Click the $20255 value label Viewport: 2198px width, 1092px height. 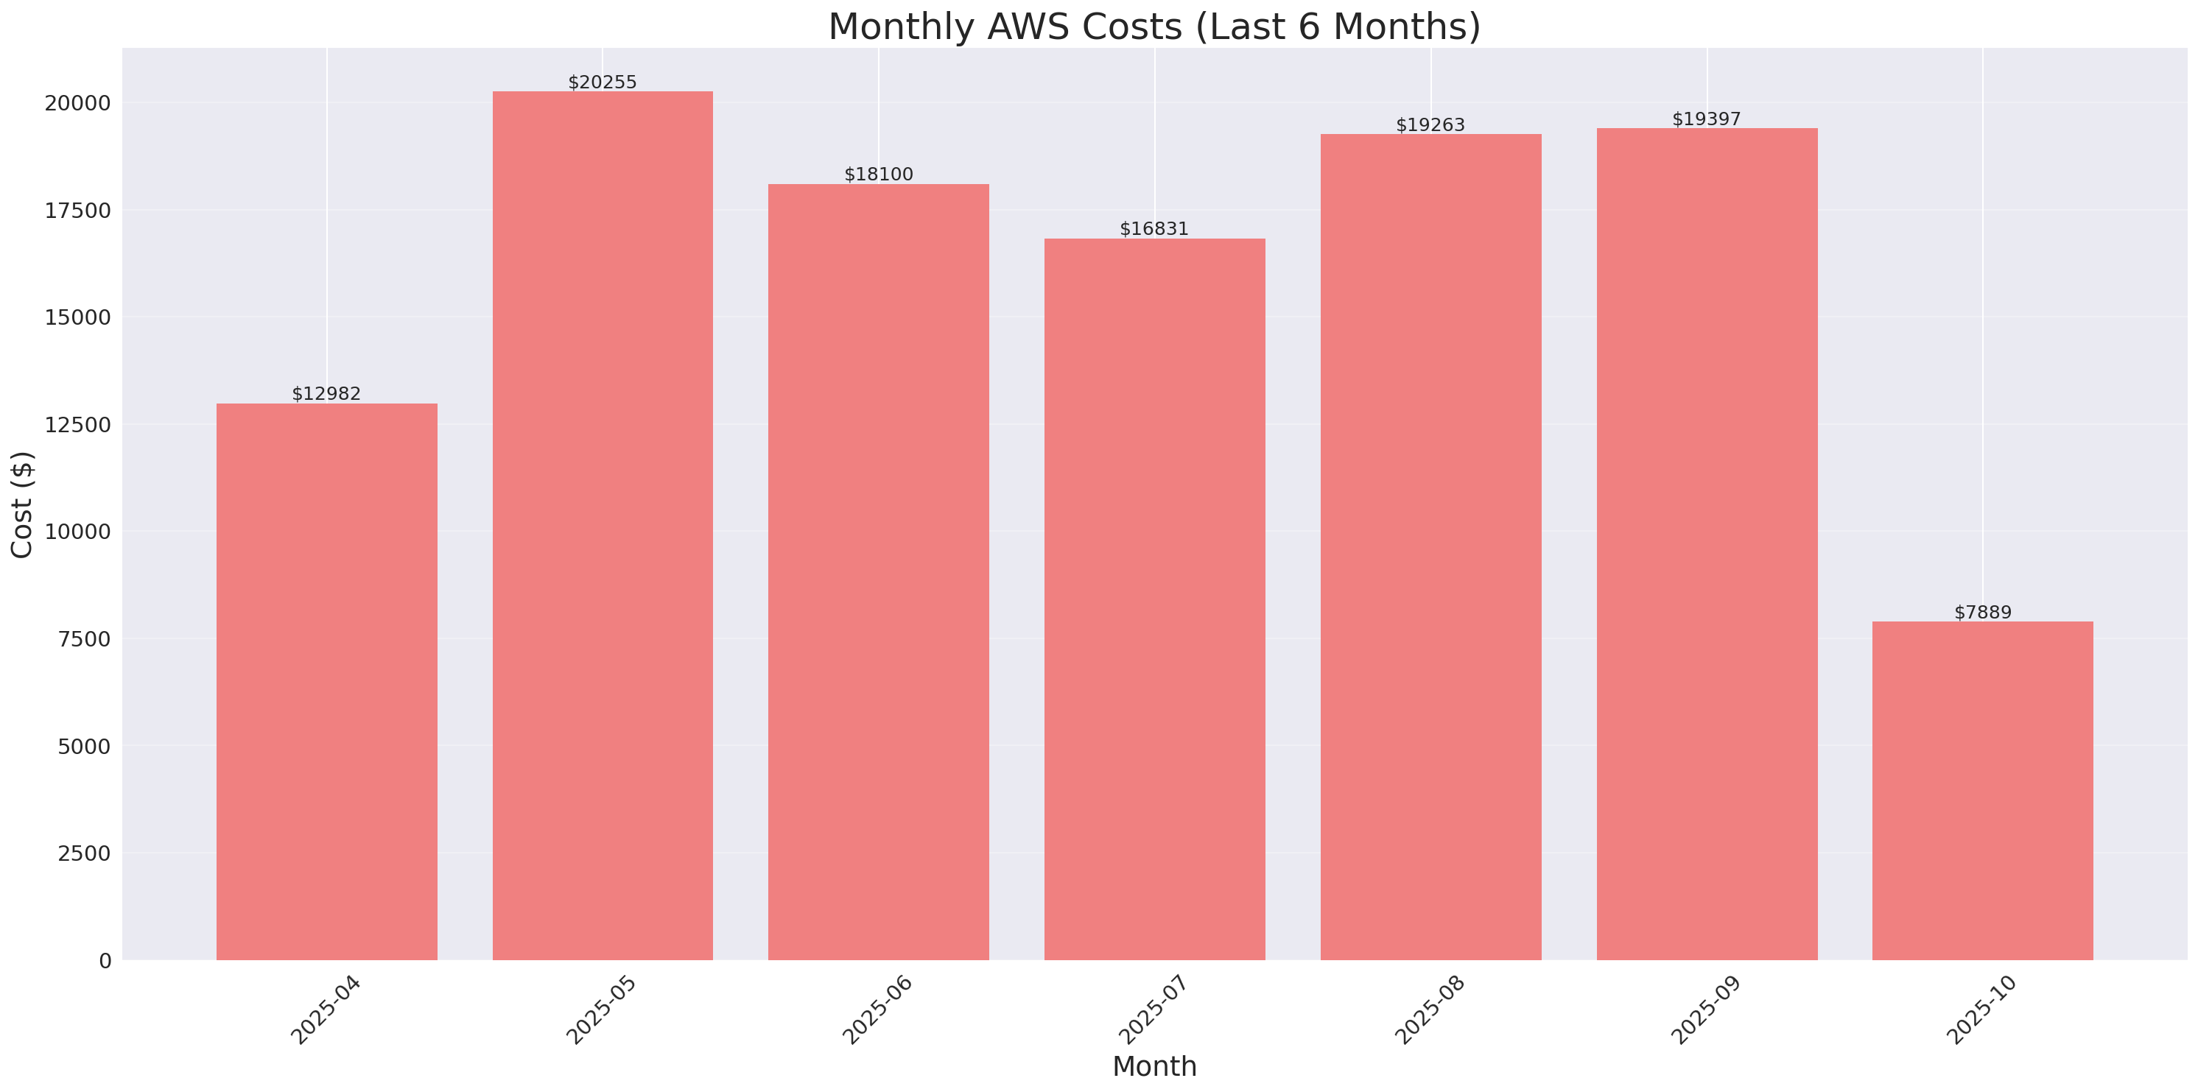603,82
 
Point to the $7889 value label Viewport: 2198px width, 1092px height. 1982,613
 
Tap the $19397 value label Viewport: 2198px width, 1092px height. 1706,119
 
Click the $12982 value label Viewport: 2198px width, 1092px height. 327,394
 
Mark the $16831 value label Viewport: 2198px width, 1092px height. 1154,230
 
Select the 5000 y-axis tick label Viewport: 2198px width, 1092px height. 84,747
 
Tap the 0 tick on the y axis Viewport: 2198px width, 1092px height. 105,962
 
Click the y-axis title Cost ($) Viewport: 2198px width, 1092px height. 22,504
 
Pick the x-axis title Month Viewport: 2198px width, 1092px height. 1154,1066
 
